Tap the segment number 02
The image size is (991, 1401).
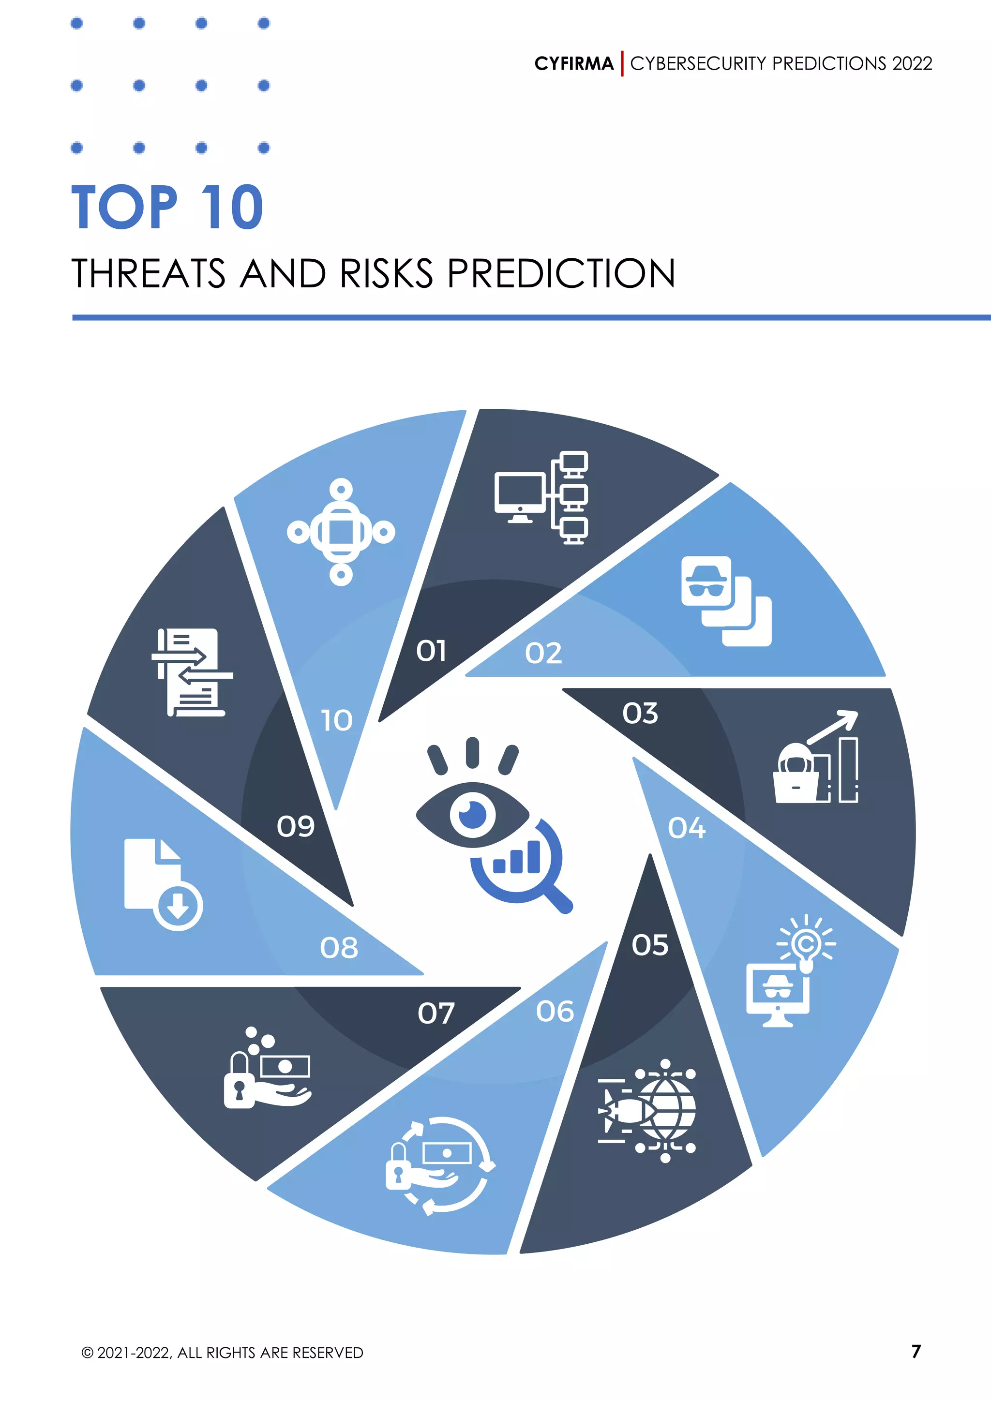pos(543,654)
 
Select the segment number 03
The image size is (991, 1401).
pos(640,713)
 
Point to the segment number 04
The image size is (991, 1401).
pos(687,828)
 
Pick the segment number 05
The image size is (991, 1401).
pos(650,945)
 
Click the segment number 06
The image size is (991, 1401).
pos(555,1011)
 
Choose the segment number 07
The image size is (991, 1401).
pos(435,1013)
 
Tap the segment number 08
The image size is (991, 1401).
pos(339,948)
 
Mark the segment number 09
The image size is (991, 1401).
pos(295,827)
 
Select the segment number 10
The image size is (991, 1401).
pos(336,721)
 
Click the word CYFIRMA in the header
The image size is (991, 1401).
pos(573,63)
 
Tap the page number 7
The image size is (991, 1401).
pos(916,1352)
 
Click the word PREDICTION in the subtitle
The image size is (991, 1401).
pos(561,273)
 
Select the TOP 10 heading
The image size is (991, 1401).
pos(167,208)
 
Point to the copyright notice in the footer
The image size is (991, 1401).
pos(222,1353)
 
